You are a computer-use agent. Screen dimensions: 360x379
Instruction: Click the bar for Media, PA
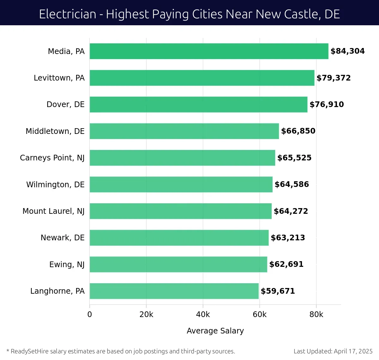point(209,51)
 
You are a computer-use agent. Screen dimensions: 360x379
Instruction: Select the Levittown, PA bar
point(202,78)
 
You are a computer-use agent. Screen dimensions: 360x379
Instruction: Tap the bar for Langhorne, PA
point(174,291)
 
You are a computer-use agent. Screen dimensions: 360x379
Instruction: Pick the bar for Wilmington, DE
point(181,184)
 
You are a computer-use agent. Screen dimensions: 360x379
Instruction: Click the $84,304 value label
point(347,51)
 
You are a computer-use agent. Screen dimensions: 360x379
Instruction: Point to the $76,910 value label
point(327,105)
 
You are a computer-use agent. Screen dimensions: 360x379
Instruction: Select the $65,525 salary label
point(294,158)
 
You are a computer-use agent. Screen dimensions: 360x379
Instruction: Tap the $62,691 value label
point(286,264)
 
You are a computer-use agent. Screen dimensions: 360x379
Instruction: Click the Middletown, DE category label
point(55,131)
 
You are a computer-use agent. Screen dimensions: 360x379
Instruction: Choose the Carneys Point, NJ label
point(52,158)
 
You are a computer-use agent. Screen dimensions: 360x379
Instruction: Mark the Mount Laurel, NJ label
point(53,211)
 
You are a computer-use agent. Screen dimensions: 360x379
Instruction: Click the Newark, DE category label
point(63,238)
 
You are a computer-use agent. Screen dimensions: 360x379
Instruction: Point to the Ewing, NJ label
point(67,264)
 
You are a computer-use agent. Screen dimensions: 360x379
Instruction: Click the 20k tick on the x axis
point(146,315)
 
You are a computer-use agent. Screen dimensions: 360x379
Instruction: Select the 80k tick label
point(316,315)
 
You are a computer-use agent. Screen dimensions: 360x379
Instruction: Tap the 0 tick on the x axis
point(90,315)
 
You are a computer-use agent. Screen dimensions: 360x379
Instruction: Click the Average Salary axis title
point(215,331)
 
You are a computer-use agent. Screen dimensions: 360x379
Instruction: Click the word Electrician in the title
point(68,14)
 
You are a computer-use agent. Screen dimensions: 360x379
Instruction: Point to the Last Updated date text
point(333,351)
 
